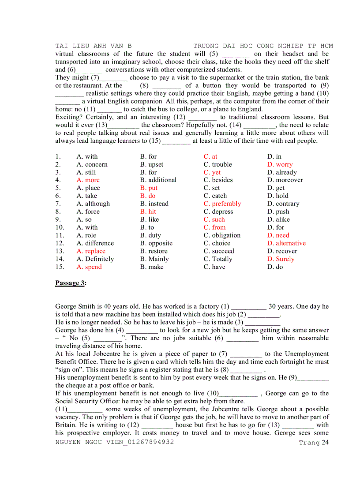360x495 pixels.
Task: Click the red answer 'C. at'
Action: (210, 156)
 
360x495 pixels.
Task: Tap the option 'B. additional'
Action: (158, 180)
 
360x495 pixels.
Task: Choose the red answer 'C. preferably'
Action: (222, 204)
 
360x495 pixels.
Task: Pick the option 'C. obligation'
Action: (222, 235)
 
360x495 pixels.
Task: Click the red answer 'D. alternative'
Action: (286, 243)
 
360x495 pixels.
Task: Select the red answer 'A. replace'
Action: (91, 251)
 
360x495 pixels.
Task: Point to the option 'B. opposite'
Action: (156, 243)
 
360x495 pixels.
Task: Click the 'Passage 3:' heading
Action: (71, 283)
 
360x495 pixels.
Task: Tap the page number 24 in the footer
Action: (325, 443)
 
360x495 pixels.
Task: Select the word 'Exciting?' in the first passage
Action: (68, 117)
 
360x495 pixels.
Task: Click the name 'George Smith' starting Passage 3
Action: (75, 306)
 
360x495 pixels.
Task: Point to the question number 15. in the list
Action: (60, 267)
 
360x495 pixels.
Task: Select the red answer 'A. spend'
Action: (89, 267)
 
